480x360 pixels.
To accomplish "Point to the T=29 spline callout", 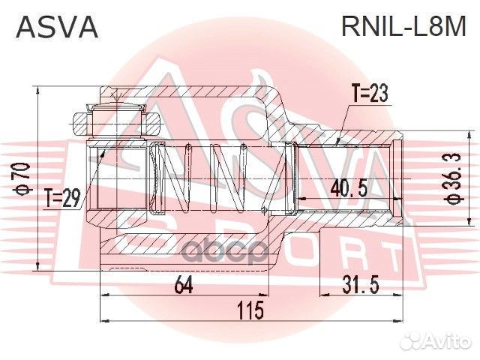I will pyautogui.click(x=62, y=199).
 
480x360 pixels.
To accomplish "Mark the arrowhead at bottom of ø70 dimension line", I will pyautogui.click(x=36, y=268).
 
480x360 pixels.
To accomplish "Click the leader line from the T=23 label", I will pyautogui.click(x=346, y=120).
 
